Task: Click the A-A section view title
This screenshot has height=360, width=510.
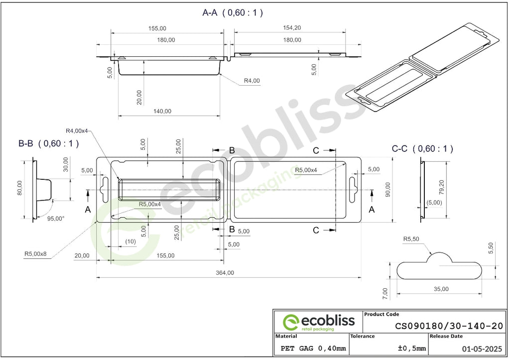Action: pos(233,12)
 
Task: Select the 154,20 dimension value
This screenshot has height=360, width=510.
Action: pos(292,28)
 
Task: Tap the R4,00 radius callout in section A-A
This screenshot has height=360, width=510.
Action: pos(252,81)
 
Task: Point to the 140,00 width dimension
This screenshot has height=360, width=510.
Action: pos(162,111)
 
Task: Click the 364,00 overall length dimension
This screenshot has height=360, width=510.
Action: pos(225,273)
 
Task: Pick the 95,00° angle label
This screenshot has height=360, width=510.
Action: pos(56,219)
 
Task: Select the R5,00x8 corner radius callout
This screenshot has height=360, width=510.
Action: pos(35,254)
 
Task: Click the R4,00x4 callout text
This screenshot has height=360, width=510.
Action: pos(77,131)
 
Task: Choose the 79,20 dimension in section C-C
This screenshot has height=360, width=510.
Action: pos(441,188)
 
